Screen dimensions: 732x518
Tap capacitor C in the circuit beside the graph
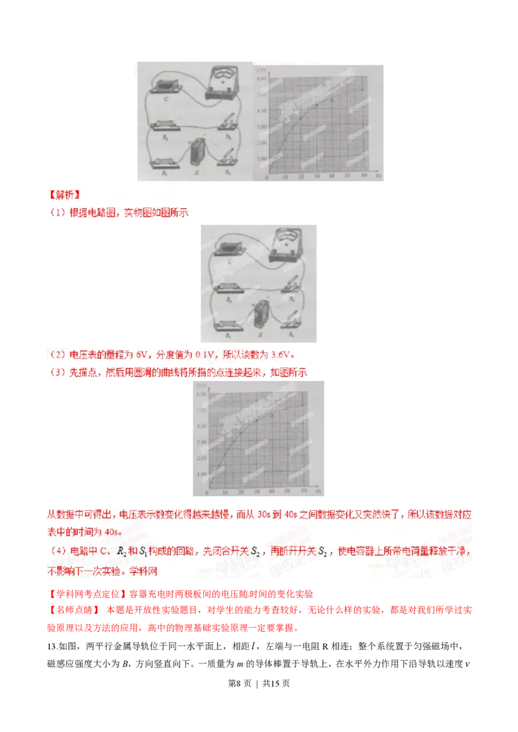click(x=167, y=87)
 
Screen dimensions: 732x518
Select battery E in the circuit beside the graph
click(x=197, y=154)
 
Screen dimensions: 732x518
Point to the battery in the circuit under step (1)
click(x=263, y=313)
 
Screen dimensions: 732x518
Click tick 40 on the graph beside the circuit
click(x=332, y=176)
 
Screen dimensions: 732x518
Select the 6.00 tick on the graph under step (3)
click(x=201, y=394)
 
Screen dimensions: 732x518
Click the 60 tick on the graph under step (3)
click(x=302, y=493)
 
